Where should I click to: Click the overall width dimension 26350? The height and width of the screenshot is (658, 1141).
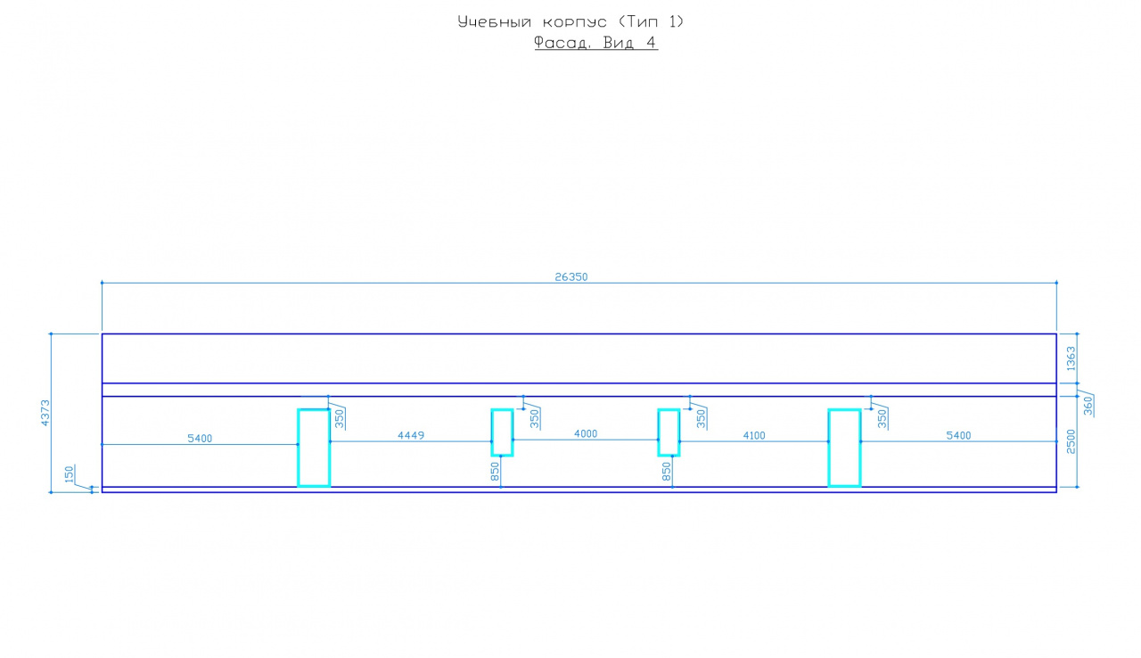[x=570, y=276]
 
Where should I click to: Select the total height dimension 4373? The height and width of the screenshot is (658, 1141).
[x=45, y=413]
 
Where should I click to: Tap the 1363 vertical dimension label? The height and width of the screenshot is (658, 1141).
[x=1071, y=358]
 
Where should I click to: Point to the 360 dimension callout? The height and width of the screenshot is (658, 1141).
[x=1088, y=406]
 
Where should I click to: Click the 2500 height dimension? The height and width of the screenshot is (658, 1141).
[x=1071, y=441]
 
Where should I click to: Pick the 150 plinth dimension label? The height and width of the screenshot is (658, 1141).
[x=70, y=474]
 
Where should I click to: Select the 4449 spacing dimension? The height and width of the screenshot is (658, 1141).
[x=411, y=435]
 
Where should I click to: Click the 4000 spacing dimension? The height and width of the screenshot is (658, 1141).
[x=586, y=433]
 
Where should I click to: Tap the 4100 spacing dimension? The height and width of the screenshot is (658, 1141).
[x=754, y=435]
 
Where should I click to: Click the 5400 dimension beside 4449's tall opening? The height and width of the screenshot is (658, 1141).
[x=200, y=438]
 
